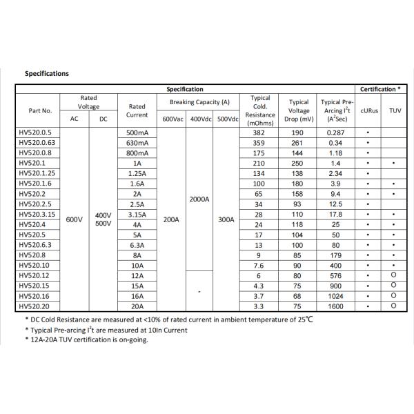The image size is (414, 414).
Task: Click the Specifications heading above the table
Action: tap(47, 73)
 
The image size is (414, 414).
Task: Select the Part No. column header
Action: tap(40, 110)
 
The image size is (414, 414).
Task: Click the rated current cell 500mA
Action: tap(137, 132)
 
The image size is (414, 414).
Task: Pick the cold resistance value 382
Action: tap(259, 132)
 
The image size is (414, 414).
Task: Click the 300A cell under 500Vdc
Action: tap(227, 219)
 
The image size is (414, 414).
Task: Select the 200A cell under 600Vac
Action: tap(172, 219)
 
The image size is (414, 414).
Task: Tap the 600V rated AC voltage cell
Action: tap(74, 219)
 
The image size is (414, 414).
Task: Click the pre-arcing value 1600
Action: tap(336, 306)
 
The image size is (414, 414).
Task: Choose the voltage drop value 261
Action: tap(299, 143)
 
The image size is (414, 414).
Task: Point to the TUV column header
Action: tap(394, 110)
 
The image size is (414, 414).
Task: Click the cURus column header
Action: tap(369, 110)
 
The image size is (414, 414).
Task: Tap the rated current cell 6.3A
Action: tap(137, 245)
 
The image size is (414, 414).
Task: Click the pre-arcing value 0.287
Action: tap(336, 132)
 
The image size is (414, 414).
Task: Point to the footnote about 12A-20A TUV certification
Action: tap(86, 340)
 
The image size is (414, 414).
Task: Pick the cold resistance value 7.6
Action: tap(259, 266)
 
